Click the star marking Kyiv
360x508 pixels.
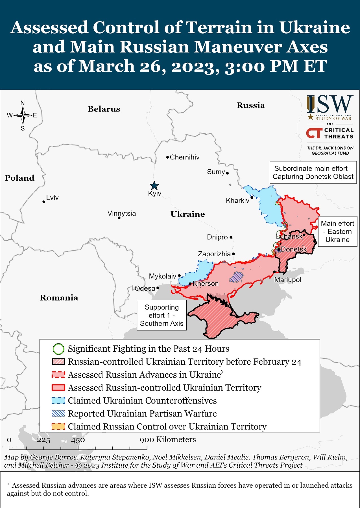click(x=154, y=186)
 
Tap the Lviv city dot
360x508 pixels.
click(x=44, y=202)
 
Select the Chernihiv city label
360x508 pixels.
click(x=184, y=157)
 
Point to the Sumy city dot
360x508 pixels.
click(x=227, y=173)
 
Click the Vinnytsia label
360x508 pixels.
click(x=122, y=213)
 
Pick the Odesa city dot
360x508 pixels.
click(x=158, y=288)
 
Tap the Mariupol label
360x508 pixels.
click(x=288, y=280)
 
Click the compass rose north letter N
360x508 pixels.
click(x=23, y=103)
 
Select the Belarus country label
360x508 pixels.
click(x=104, y=109)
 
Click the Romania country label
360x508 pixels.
click(x=59, y=298)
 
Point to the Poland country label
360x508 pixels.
click(x=19, y=178)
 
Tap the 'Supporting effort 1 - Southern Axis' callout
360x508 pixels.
click(x=162, y=315)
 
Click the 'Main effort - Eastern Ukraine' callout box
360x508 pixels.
click(x=337, y=231)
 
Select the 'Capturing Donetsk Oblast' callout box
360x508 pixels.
click(x=313, y=172)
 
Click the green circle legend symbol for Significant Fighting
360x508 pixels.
click(x=58, y=349)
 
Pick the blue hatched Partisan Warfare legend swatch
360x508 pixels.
click(x=58, y=414)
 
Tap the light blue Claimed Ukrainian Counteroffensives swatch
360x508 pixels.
click(x=58, y=401)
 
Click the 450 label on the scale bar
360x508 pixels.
click(x=78, y=440)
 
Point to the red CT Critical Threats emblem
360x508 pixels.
click(x=314, y=133)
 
